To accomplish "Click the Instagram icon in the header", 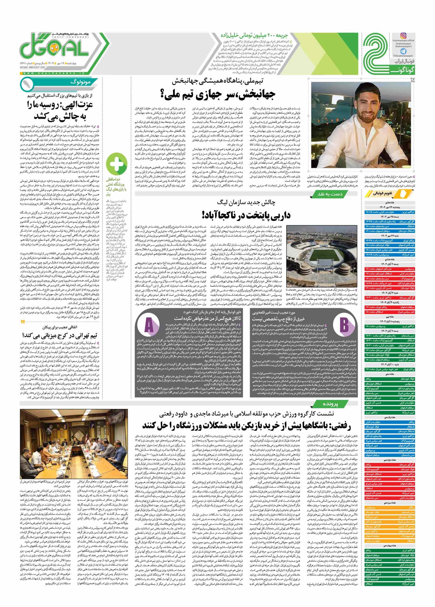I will [x=403, y=36].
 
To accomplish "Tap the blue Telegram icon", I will [x=403, y=51].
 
